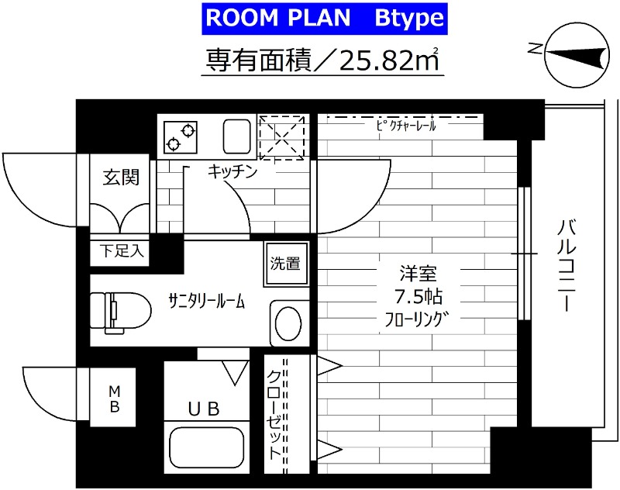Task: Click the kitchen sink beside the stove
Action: pos(236,136)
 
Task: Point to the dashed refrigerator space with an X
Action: pos(280,137)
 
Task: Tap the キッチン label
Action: pos(232,173)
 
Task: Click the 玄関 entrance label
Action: pos(122,178)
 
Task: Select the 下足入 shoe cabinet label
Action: pos(119,251)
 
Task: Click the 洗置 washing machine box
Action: pos(284,263)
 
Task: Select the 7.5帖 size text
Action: pos(418,296)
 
